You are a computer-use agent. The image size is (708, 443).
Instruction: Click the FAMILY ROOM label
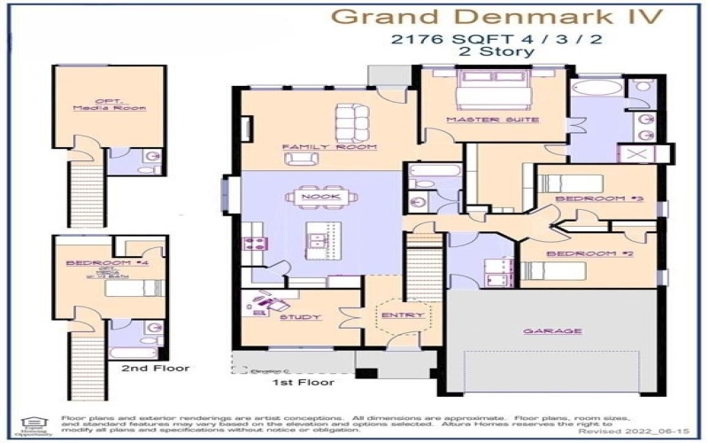click(317, 146)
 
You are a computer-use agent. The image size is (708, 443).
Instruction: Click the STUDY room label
click(295, 316)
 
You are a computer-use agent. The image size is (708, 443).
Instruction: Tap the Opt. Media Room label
click(110, 105)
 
